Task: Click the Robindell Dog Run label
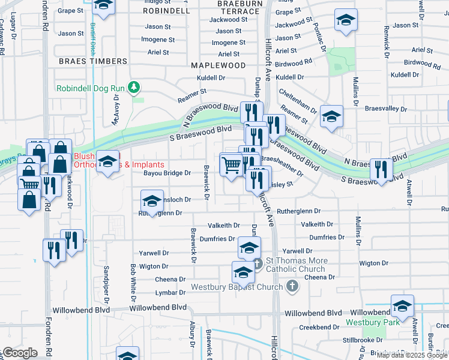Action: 90,88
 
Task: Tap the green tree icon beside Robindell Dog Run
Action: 134,88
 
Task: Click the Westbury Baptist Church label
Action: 237,287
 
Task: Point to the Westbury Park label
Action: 366,322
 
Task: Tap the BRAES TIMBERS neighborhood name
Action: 93,61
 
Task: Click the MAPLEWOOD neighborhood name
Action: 218,65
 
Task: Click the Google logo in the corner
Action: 20,353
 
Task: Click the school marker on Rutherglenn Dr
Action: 152,201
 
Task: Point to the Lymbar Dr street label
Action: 170,293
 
